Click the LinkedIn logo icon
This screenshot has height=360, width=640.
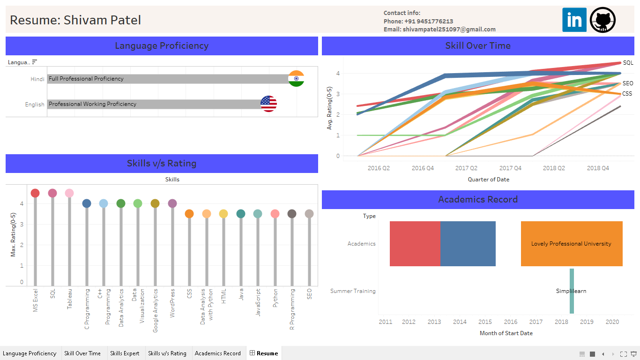[x=574, y=20]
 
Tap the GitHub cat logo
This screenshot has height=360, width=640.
[x=603, y=20]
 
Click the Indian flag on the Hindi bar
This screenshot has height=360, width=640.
[x=296, y=79]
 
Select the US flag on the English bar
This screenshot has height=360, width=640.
[x=268, y=104]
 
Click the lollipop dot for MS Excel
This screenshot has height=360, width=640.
[x=35, y=193]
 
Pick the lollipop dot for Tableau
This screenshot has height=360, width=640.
[x=69, y=193]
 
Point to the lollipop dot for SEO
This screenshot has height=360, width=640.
[x=309, y=214]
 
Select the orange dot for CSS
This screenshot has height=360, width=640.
[x=189, y=214]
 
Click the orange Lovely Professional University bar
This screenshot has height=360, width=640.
[x=572, y=244]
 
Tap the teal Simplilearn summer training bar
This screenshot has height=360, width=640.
[x=572, y=291]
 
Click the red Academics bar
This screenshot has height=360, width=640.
[x=415, y=244]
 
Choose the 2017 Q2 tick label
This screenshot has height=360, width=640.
[x=466, y=168]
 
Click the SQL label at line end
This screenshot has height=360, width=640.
[x=628, y=63]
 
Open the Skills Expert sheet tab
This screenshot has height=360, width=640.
[x=125, y=353]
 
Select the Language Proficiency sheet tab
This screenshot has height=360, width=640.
[x=30, y=353]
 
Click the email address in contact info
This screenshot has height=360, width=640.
[x=449, y=29]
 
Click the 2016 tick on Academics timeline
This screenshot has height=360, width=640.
[x=511, y=322]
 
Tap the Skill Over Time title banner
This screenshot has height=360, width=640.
[x=478, y=46]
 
